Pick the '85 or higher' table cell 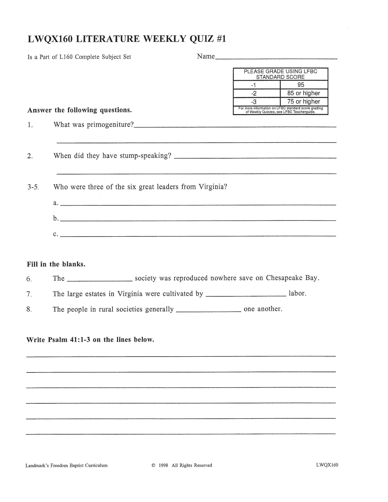(304, 93)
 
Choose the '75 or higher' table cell (304, 101)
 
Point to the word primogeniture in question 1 (110, 125)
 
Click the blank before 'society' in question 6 (100, 280)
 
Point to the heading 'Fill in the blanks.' (56, 264)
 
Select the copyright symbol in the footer (154, 465)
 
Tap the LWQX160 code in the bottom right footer (327, 465)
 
